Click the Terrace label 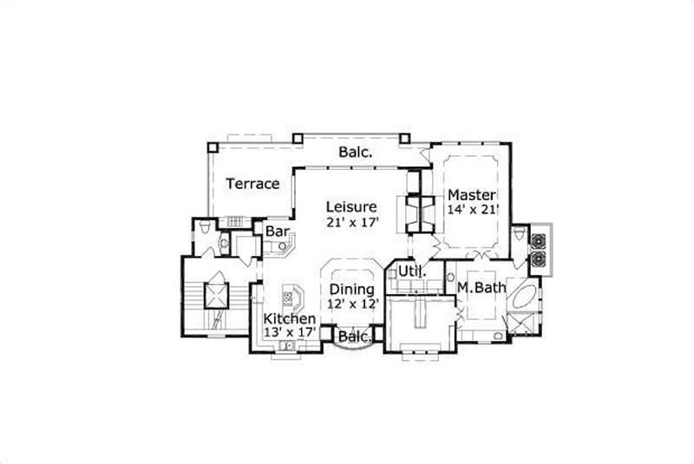[x=252, y=184]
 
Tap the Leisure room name [x=351, y=207]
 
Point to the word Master [x=471, y=194]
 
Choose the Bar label [x=277, y=232]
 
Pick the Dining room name [x=352, y=289]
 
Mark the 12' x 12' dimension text [x=352, y=304]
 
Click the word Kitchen [x=289, y=319]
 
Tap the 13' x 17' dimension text [x=289, y=333]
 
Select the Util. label [x=410, y=272]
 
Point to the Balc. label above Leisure [x=356, y=152]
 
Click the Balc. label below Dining [x=355, y=336]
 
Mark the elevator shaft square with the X [x=213, y=294]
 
